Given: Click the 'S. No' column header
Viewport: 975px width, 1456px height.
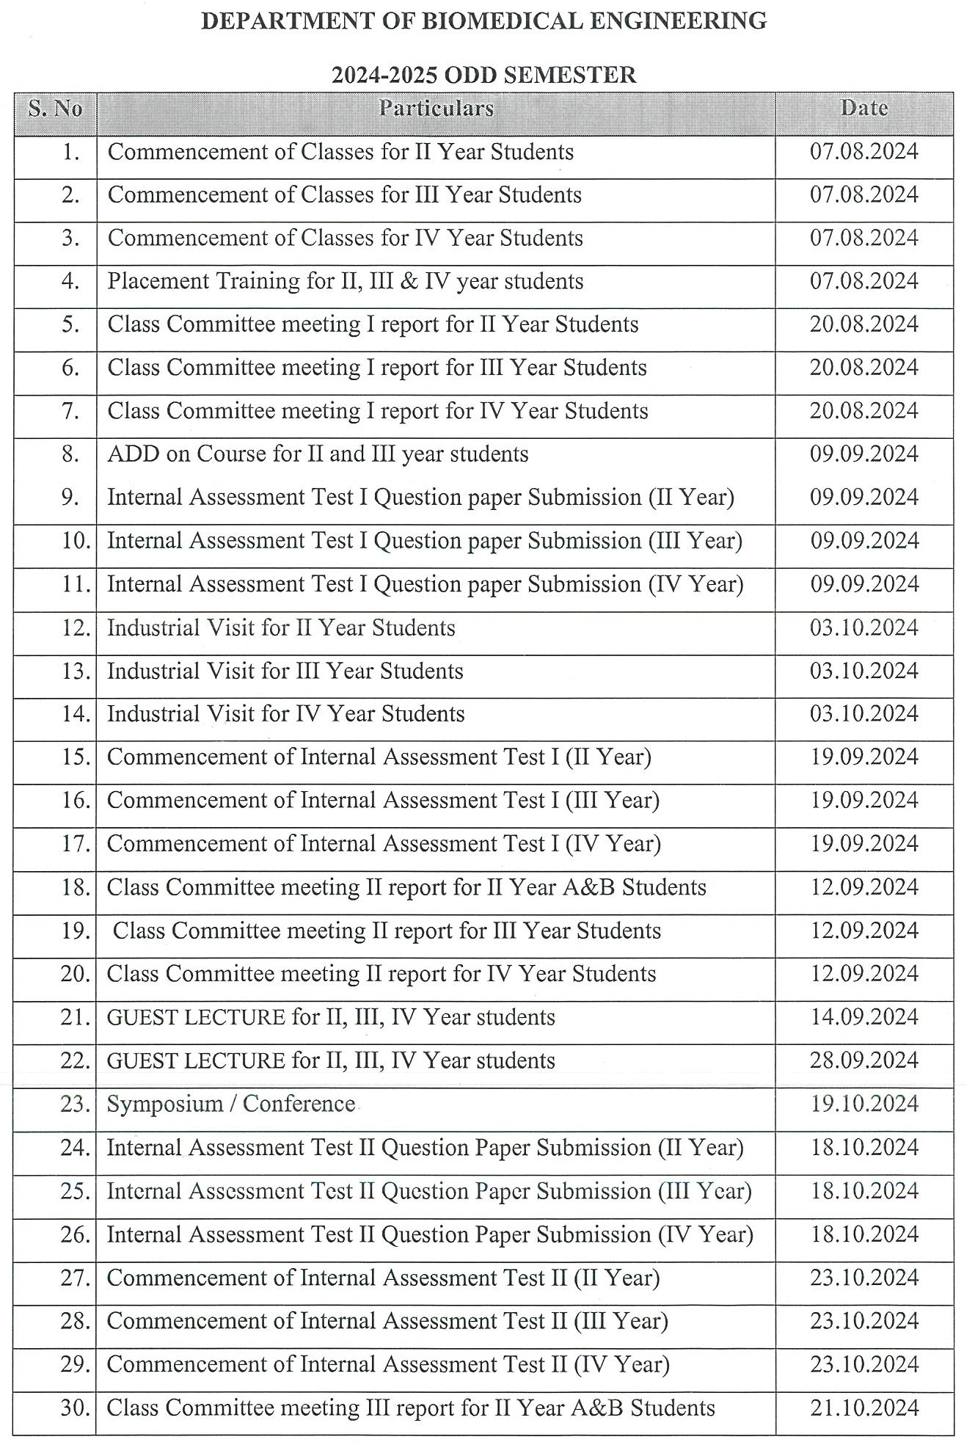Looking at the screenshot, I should (x=55, y=109).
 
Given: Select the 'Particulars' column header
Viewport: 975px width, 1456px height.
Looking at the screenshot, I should (x=436, y=109).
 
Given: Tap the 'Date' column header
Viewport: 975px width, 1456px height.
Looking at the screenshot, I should (x=864, y=108).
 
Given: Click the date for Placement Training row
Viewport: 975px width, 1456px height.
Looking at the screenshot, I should (x=864, y=281).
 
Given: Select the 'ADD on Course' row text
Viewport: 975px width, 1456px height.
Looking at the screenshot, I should (x=318, y=454).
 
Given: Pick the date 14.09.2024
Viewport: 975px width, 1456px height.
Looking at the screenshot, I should (x=864, y=1017).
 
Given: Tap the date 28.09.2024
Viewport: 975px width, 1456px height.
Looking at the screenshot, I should (x=864, y=1060).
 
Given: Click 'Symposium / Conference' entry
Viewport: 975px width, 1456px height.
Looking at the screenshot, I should (x=231, y=1104).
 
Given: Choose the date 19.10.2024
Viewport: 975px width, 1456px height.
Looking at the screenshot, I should (x=864, y=1104).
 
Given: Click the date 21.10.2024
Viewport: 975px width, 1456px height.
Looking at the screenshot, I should (x=864, y=1408).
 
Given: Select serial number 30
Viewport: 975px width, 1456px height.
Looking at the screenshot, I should (x=75, y=1408).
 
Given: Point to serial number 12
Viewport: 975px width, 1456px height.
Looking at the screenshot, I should (x=75, y=628).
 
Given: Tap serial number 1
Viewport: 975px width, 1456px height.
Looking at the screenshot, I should (x=71, y=152).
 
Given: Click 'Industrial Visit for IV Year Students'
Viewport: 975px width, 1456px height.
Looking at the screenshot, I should (x=285, y=714).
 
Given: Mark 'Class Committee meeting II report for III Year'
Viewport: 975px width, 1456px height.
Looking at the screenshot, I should (x=387, y=931).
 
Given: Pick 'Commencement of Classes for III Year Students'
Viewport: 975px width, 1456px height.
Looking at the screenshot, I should (x=344, y=195).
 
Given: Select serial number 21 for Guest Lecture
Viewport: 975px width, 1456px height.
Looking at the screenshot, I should (x=75, y=1017).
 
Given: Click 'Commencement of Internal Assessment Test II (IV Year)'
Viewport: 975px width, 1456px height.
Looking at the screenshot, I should (x=387, y=1364).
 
